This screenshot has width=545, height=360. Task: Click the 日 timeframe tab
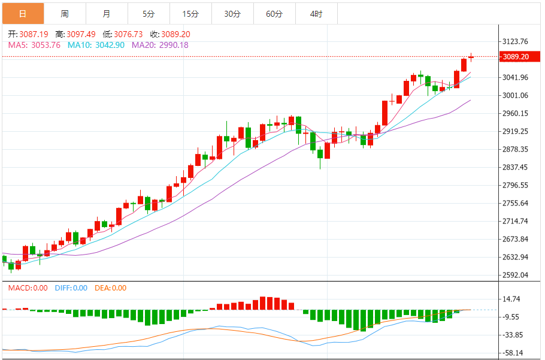pos(23,14)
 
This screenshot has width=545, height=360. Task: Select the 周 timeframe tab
pos(65,14)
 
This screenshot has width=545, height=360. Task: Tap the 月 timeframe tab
pos(107,14)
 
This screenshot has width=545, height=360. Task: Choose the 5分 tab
pos(149,14)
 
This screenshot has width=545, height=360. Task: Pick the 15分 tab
pos(190,14)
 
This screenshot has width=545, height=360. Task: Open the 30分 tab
pos(232,14)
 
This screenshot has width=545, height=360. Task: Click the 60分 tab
pos(274,14)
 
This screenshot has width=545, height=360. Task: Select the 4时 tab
pos(316,14)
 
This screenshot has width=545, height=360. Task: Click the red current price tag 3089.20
pos(520,57)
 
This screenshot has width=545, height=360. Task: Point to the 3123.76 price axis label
pos(515,41)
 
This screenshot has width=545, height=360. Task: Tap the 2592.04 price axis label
pos(515,275)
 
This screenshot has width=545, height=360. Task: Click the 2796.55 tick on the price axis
pos(515,185)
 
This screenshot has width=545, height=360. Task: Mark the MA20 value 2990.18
pos(174,45)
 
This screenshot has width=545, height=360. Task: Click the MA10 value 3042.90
pos(110,45)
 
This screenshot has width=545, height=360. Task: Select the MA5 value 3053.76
pos(46,45)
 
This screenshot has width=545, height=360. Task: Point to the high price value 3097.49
pos(81,34)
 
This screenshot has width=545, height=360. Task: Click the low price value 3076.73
pos(128,34)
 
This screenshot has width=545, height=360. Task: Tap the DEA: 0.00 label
pos(111,288)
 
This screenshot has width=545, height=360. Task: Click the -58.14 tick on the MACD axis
pos(513,353)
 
